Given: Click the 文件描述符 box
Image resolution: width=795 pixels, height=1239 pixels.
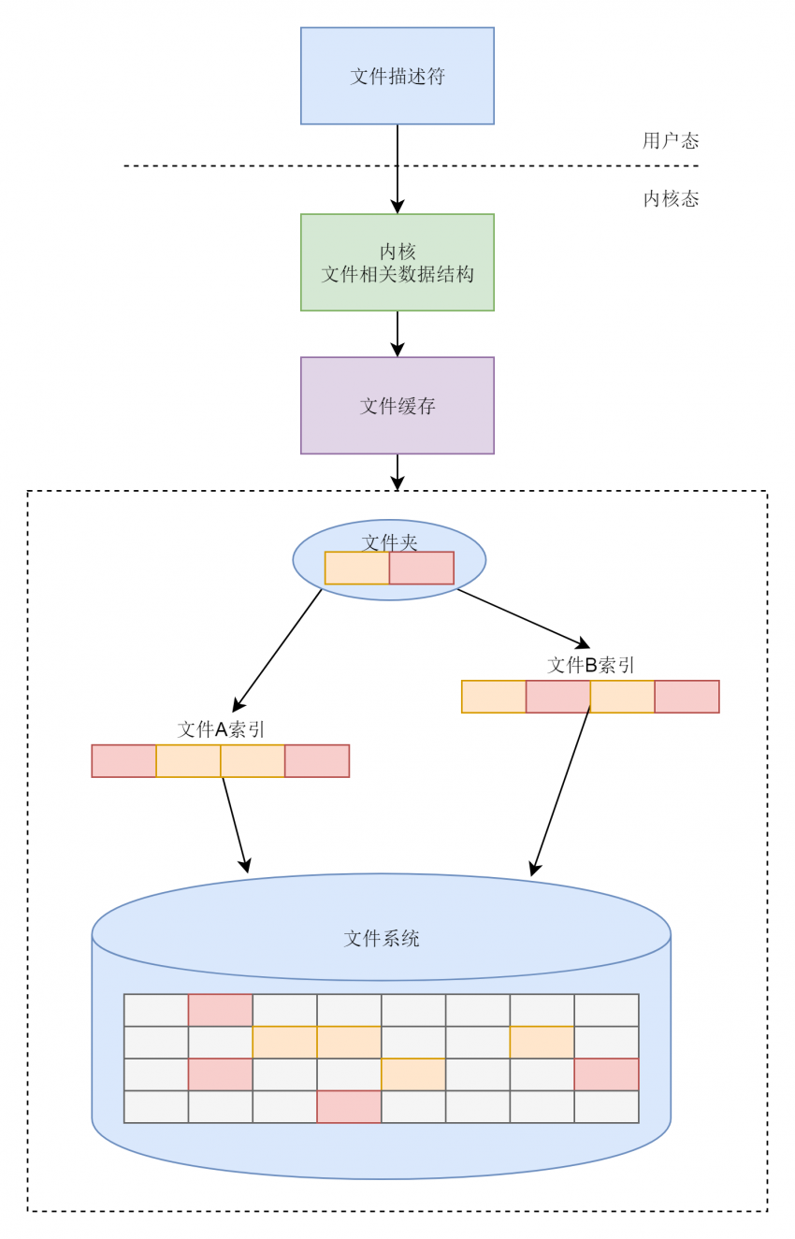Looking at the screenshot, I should [397, 76].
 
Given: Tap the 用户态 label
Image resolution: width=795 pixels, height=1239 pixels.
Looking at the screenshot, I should [671, 141].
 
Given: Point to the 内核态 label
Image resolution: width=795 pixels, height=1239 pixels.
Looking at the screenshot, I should [671, 199].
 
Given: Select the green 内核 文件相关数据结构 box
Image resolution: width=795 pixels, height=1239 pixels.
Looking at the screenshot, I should [397, 263].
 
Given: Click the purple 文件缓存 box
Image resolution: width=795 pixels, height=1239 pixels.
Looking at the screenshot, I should [397, 406].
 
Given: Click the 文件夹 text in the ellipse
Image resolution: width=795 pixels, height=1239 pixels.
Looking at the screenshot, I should [389, 541].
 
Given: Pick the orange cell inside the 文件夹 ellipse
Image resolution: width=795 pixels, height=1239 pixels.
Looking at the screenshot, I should [356, 569].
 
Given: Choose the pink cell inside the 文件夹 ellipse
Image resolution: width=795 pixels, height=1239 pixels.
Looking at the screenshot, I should [421, 569].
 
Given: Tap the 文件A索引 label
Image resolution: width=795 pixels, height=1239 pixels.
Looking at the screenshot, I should [222, 729].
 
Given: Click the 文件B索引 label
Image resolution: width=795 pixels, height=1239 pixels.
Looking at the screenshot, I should [591, 665].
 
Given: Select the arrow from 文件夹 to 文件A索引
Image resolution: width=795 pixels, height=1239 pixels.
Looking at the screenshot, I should [278, 649].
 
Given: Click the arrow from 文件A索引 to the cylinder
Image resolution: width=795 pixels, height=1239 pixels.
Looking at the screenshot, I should [235, 824].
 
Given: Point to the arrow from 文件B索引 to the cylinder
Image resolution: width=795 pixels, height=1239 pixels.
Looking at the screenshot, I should [561, 790].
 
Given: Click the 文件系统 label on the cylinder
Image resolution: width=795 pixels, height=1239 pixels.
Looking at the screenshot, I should [381, 938].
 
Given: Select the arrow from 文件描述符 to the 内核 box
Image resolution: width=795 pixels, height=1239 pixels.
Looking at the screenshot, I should [397, 168].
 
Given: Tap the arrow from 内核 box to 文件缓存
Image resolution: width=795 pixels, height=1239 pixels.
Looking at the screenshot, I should [397, 333].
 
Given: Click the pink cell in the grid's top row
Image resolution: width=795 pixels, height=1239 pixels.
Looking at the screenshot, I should [220, 1010].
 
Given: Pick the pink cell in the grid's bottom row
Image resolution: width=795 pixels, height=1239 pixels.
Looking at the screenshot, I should [349, 1107].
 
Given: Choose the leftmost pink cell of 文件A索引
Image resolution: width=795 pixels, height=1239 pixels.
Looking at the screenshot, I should [123, 761].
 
